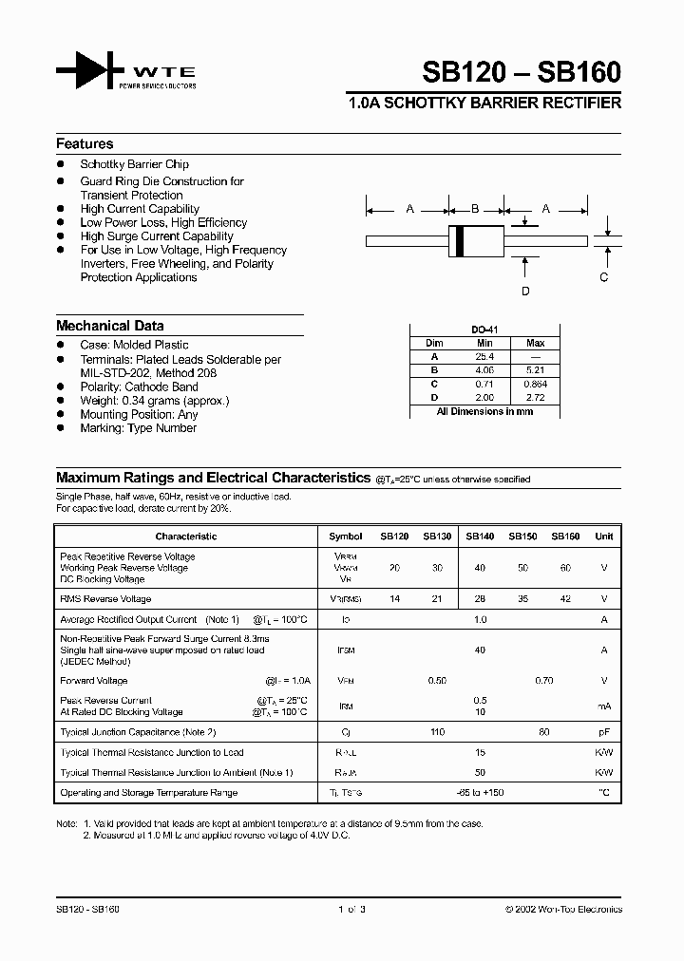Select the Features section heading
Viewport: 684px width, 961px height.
85,144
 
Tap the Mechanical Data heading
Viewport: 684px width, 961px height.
109,326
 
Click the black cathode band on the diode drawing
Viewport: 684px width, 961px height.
461,240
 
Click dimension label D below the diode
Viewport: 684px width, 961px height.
525,292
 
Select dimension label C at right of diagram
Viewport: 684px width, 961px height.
603,277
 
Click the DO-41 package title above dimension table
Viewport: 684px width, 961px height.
484,329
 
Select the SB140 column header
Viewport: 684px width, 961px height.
480,537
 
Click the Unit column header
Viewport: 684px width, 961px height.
603,537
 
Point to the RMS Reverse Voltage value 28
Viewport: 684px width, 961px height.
480,599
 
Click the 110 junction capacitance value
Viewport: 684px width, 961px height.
437,732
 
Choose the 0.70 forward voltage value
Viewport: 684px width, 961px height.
543,681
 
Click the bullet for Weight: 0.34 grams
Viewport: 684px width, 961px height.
60,401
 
